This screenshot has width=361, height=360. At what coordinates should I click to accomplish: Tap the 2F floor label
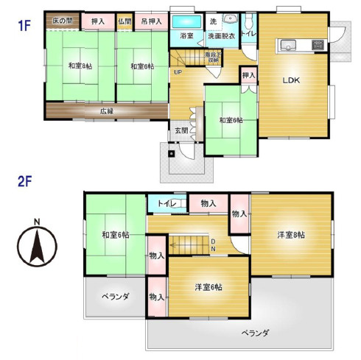point(26,180)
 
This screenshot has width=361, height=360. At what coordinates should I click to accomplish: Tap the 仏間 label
point(124,22)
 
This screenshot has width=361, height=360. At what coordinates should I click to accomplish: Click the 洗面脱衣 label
point(220,36)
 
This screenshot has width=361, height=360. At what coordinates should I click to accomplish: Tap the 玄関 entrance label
point(180,130)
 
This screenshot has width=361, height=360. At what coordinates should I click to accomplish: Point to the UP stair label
point(178,72)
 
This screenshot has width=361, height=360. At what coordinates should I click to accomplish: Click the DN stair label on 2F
point(213,244)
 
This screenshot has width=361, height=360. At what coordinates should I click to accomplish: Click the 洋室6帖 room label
point(208,286)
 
